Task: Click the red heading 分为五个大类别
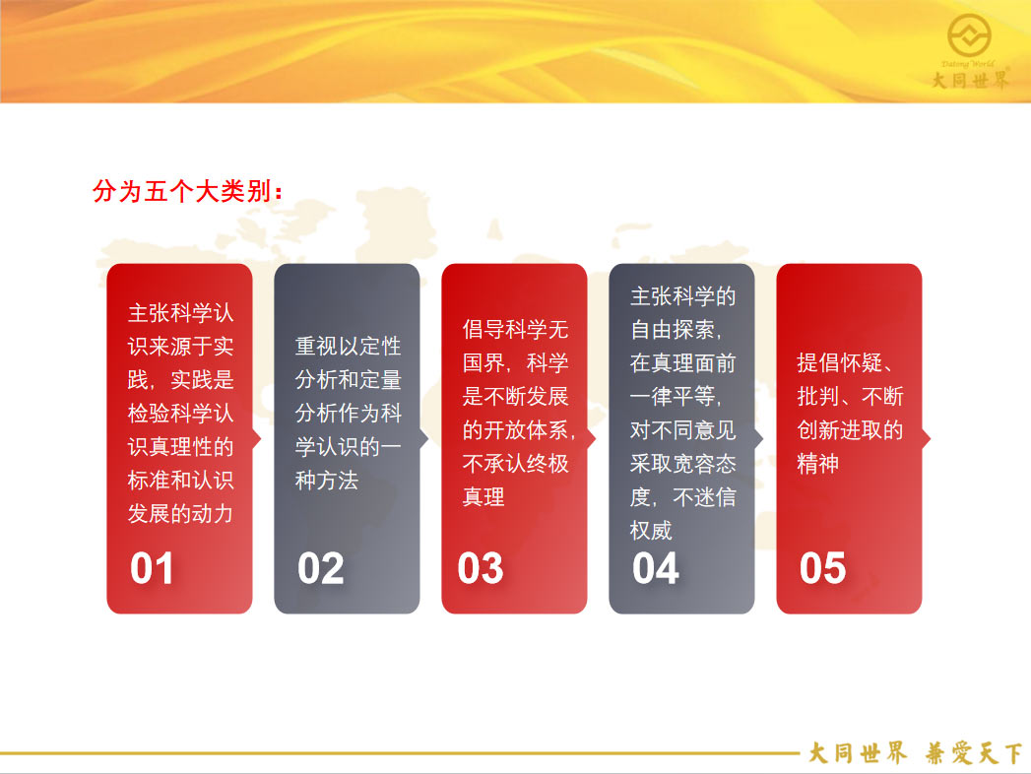click(187, 191)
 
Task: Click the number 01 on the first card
click(152, 568)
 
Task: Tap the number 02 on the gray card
click(320, 568)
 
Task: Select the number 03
click(481, 568)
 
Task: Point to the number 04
click(656, 568)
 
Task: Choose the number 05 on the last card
click(822, 568)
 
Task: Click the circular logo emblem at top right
click(969, 34)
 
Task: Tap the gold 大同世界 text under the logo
click(970, 80)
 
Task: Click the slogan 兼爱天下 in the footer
click(974, 753)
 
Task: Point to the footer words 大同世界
click(858, 753)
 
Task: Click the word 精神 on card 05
click(818, 464)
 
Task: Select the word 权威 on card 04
click(651, 530)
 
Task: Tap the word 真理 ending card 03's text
click(483, 496)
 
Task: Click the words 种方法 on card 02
click(327, 480)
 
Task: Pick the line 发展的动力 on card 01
click(181, 514)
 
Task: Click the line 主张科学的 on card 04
click(683, 296)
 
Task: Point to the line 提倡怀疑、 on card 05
click(845, 362)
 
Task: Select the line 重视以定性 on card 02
click(348, 346)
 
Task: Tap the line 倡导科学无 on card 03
click(516, 329)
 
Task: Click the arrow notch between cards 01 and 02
click(257, 438)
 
